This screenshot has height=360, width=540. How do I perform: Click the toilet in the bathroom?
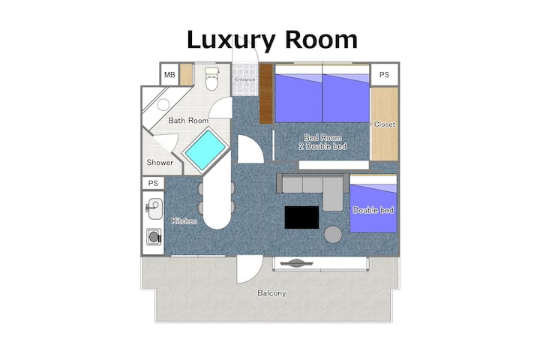tap(211, 79)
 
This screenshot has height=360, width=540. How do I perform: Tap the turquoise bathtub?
tap(205, 150)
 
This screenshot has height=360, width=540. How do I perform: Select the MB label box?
tap(169, 74)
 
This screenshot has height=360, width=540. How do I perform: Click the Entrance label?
tap(245, 79)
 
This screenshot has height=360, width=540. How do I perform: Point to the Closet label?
tap(385, 124)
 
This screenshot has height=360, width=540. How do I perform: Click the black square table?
tap(301, 217)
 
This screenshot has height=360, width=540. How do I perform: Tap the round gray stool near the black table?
tap(333, 235)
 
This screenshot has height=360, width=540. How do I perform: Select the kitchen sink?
tap(154, 208)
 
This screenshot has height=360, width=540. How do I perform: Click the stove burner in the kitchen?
tap(154, 237)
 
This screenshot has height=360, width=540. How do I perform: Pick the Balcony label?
tap(271, 293)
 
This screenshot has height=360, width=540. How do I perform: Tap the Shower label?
tap(160, 162)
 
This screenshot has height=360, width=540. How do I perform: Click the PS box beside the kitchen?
tap(153, 183)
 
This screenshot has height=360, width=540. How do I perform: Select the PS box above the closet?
tap(384, 75)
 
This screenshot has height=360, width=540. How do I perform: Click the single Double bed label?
tap(373, 210)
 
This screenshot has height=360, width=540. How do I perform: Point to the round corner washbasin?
tap(163, 104)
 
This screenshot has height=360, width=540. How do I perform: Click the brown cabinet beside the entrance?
tap(265, 94)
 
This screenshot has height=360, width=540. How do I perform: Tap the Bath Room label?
tap(188, 121)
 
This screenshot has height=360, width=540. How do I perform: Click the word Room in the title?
tap(321, 40)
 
